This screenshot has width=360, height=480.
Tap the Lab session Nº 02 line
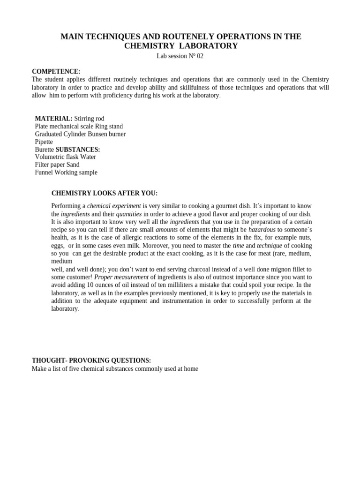[x=180, y=56]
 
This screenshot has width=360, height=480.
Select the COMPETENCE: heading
[x=56, y=71]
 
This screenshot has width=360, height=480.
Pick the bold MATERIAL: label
[x=54, y=119]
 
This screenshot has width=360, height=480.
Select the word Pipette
[x=44, y=142]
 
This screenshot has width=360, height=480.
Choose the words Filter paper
[x=50, y=165]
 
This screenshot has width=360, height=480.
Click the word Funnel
[x=44, y=172]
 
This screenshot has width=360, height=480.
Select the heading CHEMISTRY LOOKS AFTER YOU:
[x=105, y=193]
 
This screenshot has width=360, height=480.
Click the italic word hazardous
[x=262, y=230]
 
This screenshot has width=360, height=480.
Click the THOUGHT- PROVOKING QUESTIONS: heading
[x=91, y=360]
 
